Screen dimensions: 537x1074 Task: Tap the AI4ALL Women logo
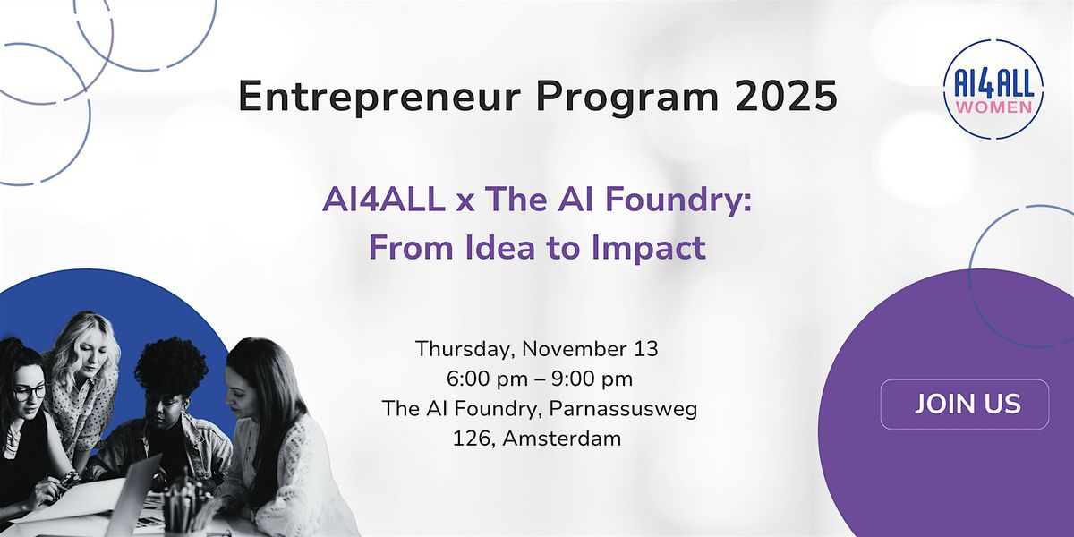pos(993,89)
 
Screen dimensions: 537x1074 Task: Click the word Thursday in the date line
pos(463,348)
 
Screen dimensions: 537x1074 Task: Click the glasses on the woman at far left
pos(29,392)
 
